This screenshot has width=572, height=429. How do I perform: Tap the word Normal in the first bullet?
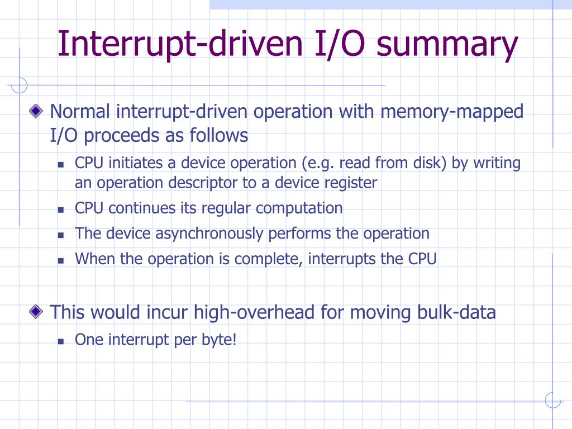point(80,112)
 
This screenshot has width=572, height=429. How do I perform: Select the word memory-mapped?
point(452,112)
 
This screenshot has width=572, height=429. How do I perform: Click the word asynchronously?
point(209,233)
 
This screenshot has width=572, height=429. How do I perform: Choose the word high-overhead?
point(255,312)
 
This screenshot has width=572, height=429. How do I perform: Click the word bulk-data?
point(456,312)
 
